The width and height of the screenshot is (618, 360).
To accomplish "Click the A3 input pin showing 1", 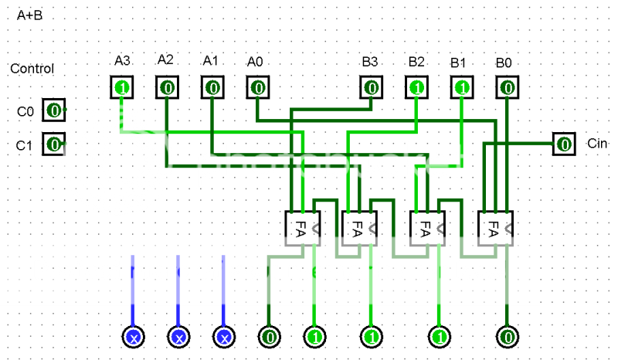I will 121,88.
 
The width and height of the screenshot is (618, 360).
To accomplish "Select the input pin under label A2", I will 167,88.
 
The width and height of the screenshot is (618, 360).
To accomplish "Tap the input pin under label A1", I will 212,88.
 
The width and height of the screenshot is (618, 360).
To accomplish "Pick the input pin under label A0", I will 258,88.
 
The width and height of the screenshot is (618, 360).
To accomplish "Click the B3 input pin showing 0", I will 372,88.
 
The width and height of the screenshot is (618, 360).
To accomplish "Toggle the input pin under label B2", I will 417,88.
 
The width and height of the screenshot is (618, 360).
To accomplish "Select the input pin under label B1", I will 462,88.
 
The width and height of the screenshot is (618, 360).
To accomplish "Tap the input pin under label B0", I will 507,88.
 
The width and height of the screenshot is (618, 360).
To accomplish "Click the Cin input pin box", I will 564,144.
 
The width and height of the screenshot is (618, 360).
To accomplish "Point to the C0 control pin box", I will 53,110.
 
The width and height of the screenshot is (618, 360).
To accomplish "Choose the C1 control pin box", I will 53,144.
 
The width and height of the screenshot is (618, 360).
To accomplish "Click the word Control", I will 32,69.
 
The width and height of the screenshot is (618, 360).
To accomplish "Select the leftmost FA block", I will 302,229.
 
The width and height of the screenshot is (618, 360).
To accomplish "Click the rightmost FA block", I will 494,229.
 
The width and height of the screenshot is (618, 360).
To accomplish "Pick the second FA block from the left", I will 358,229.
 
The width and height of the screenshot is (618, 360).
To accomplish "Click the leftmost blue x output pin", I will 133,337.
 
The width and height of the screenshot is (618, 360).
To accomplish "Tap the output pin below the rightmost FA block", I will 508,337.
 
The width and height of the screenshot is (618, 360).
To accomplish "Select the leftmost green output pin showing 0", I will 269,337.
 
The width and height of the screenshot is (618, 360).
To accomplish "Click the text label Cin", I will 597,144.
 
